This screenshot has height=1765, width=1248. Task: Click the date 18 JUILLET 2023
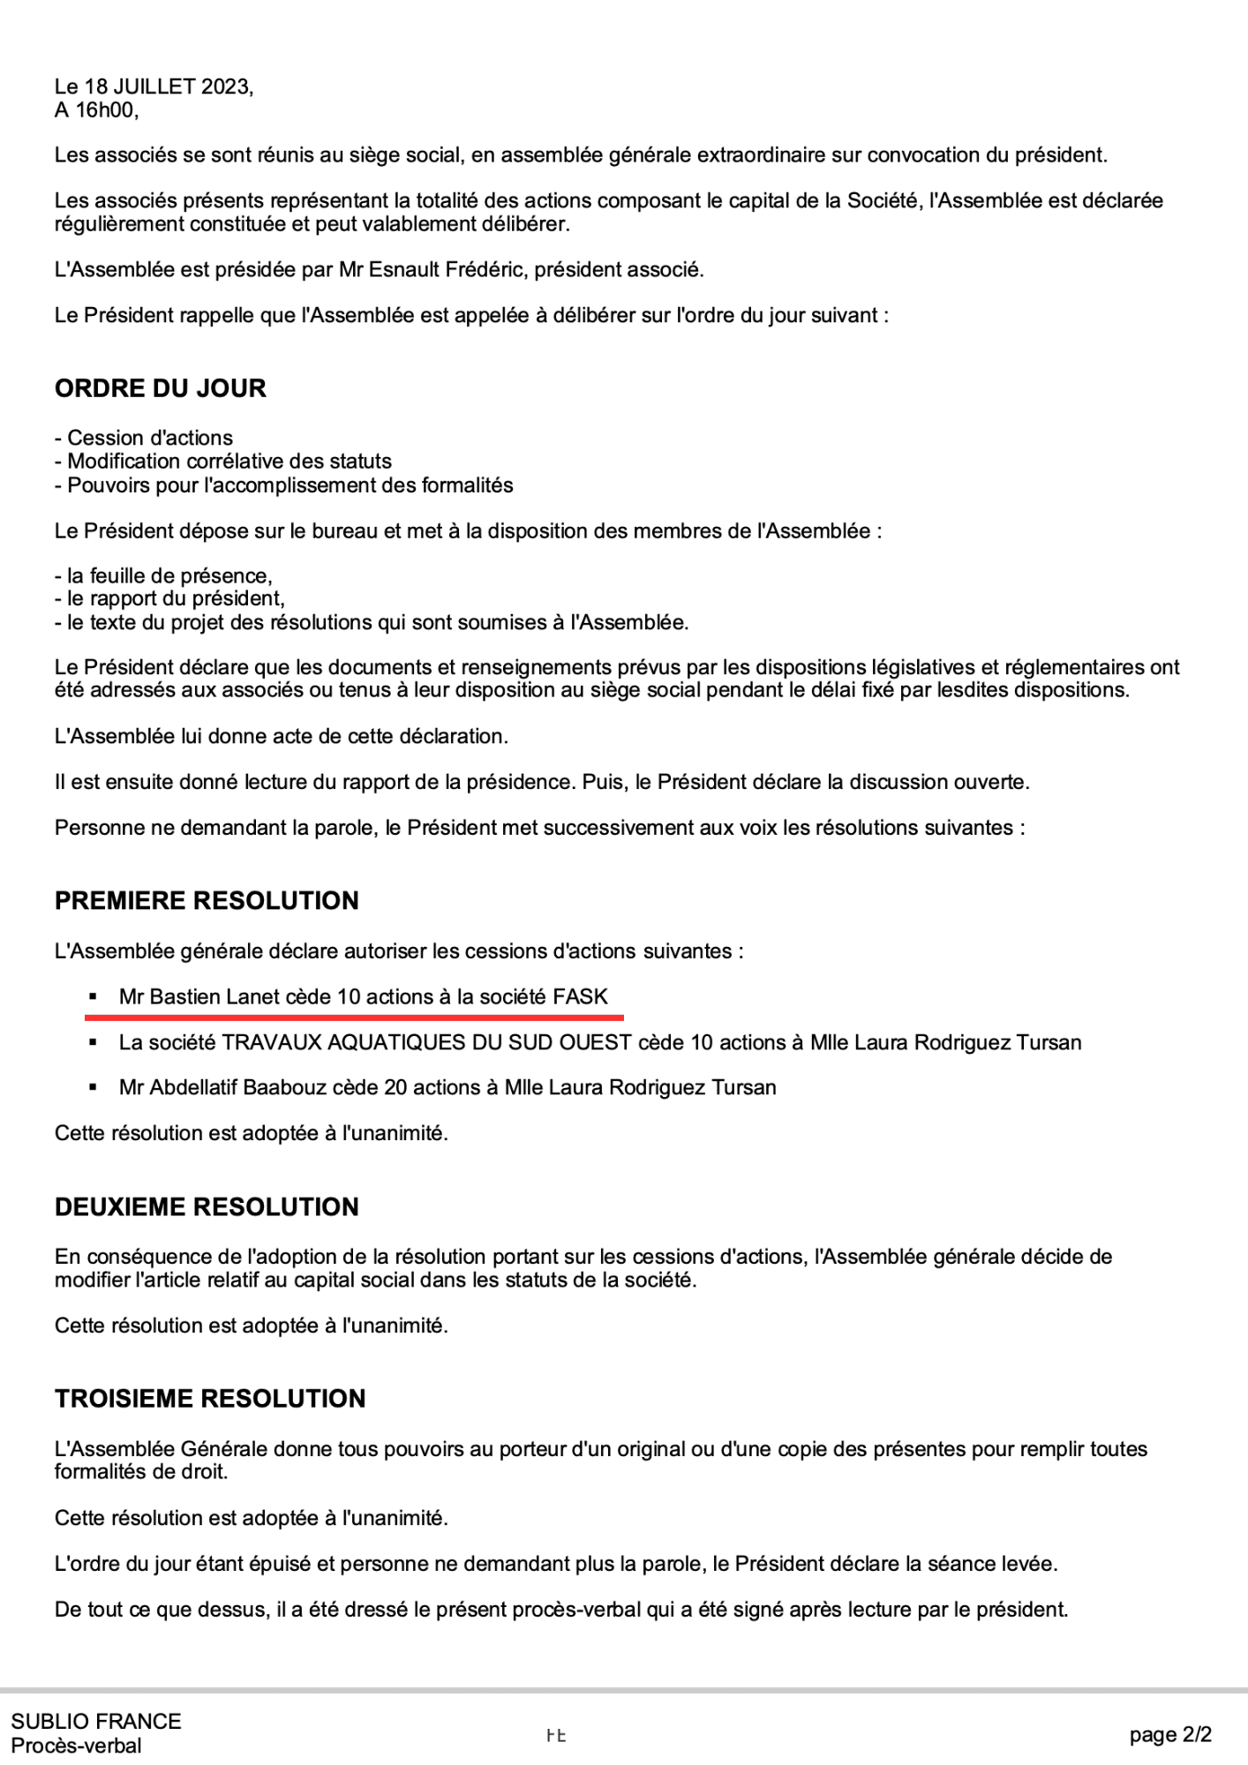pos(168,86)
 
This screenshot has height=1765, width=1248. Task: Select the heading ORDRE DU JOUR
pos(160,388)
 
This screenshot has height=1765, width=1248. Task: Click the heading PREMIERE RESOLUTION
pos(207,900)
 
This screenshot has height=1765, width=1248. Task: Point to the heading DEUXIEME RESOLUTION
pos(207,1206)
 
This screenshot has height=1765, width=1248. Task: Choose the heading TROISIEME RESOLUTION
pos(210,1398)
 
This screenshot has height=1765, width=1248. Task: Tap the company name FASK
pos(580,996)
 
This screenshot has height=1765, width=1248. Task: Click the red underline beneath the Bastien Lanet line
pos(354,1018)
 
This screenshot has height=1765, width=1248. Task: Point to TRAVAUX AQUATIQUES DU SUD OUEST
pos(425,1042)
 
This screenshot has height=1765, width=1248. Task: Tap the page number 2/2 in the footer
pos(1196,1735)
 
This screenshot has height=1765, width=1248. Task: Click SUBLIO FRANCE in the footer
pos(95,1721)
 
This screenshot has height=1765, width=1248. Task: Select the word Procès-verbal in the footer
pos(76,1746)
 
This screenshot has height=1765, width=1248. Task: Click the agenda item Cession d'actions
pos(150,438)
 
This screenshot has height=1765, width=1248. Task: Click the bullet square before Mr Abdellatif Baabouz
pos(93,1087)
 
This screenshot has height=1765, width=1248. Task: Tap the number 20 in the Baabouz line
pos(395,1087)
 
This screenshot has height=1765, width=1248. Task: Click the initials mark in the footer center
pos(555,1735)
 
